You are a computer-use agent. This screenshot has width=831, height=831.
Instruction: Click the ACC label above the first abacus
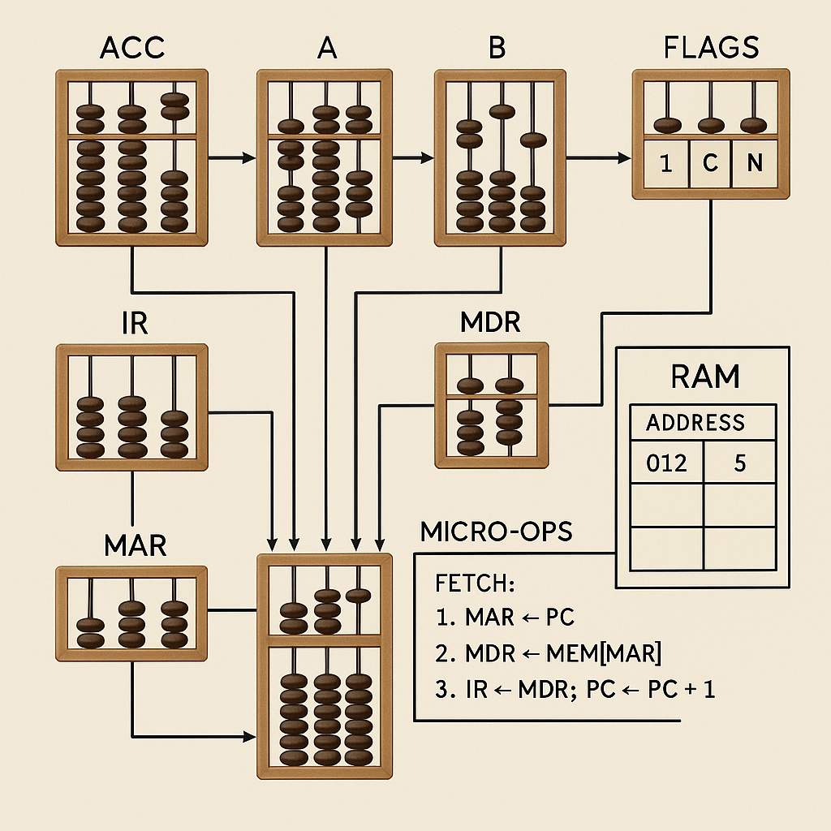131,48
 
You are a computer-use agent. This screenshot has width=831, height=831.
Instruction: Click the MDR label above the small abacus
490,323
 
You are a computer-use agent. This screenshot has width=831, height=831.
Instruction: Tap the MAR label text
136,545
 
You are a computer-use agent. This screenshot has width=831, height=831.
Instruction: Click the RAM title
704,377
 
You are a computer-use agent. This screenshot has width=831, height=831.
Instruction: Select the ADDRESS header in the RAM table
695,422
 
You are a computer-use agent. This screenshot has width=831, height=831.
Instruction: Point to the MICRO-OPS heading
496,532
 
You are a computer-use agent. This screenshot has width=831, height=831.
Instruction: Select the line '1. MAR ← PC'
505,617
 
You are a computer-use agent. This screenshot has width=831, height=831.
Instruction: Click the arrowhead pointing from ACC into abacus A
251,159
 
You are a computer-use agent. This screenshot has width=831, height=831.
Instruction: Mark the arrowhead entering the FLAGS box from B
626,159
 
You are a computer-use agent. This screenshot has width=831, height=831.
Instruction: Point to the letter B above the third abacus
497,48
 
